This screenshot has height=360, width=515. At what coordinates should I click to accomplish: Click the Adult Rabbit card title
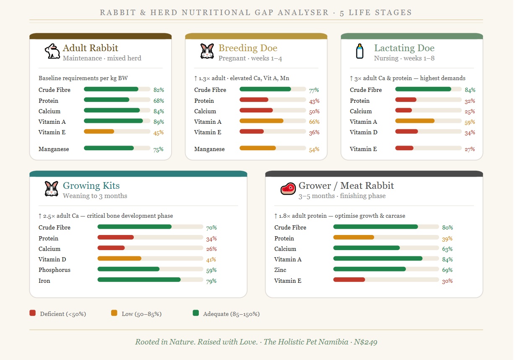click(x=90, y=48)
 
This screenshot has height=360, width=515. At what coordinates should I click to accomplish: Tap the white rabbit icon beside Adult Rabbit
click(x=52, y=51)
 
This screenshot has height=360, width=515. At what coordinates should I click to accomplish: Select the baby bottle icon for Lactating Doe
click(x=359, y=51)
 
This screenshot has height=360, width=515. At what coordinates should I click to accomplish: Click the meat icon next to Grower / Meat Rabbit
click(x=288, y=189)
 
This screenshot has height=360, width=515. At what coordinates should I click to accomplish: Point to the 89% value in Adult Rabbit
click(x=159, y=122)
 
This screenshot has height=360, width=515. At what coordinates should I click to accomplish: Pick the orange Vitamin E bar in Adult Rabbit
click(x=99, y=132)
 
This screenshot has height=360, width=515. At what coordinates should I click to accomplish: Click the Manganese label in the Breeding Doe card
click(x=209, y=149)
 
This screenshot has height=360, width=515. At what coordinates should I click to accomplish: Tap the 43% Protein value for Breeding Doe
click(x=314, y=101)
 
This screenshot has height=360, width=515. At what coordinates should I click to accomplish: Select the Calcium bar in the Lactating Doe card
click(x=403, y=110)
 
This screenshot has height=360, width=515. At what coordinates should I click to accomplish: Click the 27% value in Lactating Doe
click(x=470, y=149)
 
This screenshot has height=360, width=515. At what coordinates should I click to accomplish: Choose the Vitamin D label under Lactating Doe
click(x=363, y=132)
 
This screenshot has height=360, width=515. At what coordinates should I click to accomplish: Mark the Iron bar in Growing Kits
click(x=139, y=279)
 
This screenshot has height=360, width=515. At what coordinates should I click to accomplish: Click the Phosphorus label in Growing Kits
click(x=55, y=270)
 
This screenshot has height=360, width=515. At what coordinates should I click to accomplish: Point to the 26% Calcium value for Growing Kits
click(x=211, y=249)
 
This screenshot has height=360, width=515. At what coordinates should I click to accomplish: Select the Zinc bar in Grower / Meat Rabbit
click(x=369, y=269)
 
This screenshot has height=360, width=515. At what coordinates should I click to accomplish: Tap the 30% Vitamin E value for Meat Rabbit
click(x=447, y=281)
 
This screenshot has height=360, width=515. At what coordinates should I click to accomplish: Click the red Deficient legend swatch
click(x=33, y=313)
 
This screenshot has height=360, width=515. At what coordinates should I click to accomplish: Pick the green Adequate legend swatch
click(x=195, y=313)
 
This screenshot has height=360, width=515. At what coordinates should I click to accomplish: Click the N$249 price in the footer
click(x=365, y=342)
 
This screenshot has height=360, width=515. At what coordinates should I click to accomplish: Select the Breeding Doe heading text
click(x=248, y=48)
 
